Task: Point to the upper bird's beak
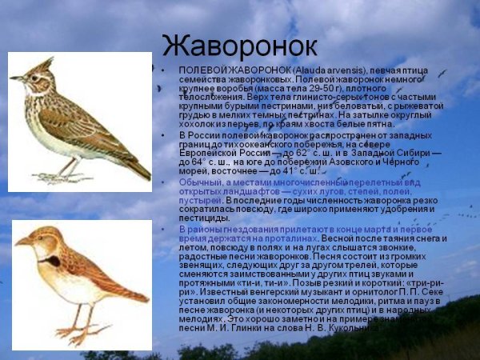[16, 78]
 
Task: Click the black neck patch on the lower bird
[52, 261]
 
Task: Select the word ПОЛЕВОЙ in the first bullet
[200, 70]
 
